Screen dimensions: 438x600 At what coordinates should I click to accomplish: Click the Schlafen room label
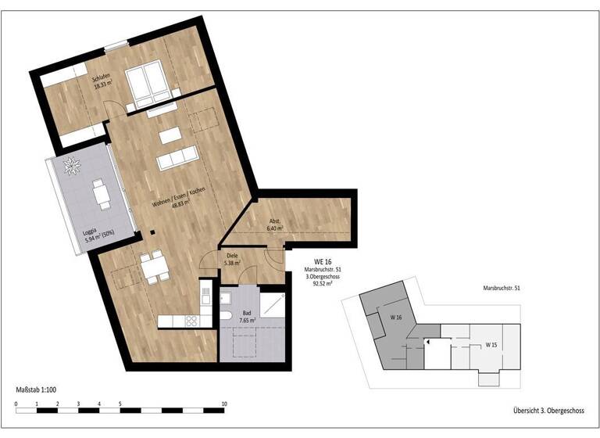click(x=101, y=80)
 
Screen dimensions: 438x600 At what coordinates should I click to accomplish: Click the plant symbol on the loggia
click(x=76, y=165)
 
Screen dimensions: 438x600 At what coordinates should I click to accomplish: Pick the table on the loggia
click(x=102, y=193)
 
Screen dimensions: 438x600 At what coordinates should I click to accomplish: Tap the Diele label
click(x=231, y=260)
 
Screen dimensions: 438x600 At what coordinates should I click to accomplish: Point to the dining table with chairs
click(x=151, y=266)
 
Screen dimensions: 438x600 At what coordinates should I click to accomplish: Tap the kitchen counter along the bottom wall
click(x=177, y=321)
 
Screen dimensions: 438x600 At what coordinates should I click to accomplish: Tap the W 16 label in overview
click(x=395, y=317)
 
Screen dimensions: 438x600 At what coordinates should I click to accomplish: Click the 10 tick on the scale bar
click(x=224, y=404)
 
